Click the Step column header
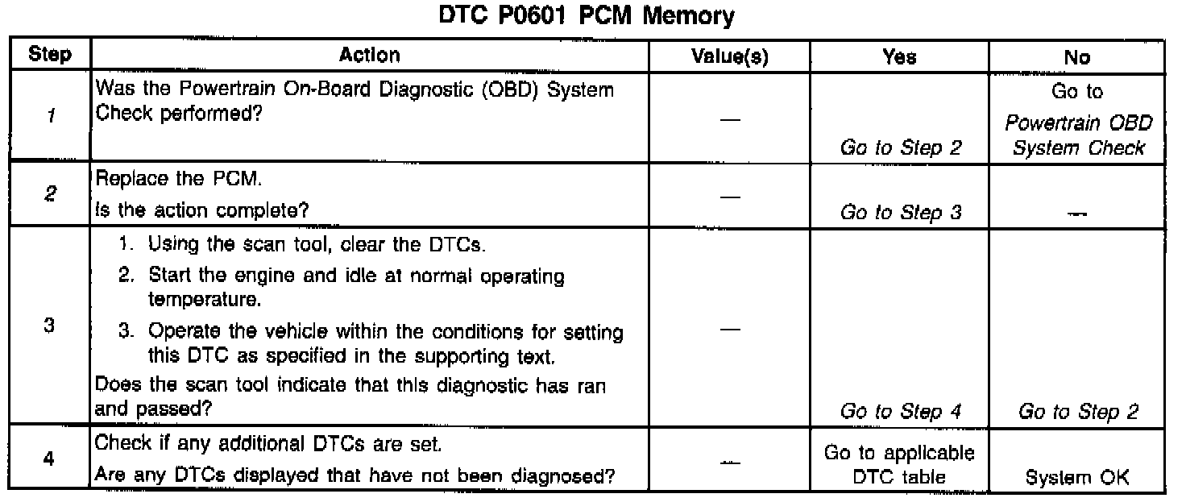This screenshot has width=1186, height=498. [x=49, y=56]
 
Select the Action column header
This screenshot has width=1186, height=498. [x=370, y=56]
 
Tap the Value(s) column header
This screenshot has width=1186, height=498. [x=730, y=56]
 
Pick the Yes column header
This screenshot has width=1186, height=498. [x=899, y=56]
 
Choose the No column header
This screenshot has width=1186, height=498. [x=1077, y=56]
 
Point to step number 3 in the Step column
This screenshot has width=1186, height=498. [x=49, y=330]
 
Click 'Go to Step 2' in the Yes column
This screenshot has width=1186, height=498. [x=900, y=148]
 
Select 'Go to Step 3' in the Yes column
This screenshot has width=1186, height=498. [x=900, y=213]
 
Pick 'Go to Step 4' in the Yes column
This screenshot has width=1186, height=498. [x=900, y=413]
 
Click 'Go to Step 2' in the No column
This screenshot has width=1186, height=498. [x=1078, y=413]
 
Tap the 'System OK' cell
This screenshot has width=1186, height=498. [x=1078, y=477]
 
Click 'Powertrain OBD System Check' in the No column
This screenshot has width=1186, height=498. [x=1078, y=135]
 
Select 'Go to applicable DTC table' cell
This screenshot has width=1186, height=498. [x=899, y=465]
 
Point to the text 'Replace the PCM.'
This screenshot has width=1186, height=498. [x=158, y=181]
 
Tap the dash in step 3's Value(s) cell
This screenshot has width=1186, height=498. [x=730, y=330]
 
